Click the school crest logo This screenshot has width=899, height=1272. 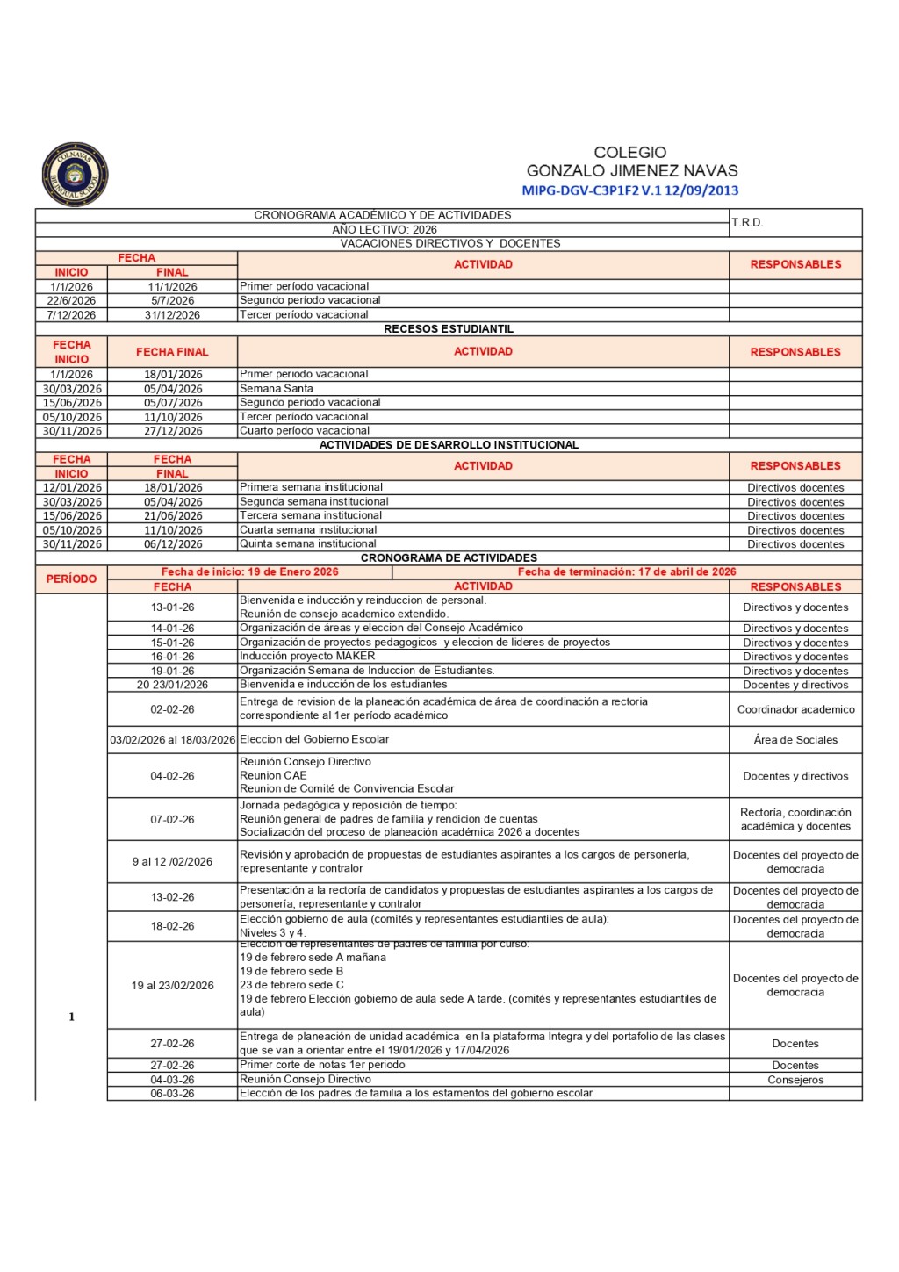75,175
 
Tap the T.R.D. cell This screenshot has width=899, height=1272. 747,223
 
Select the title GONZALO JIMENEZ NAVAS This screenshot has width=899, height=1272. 631,171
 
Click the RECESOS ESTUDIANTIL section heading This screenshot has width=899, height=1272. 449,329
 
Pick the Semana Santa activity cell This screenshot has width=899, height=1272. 277,389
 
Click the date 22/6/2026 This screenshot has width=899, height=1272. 71,300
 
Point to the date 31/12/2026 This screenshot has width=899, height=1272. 172,315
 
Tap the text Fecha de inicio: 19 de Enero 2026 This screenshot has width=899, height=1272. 249,572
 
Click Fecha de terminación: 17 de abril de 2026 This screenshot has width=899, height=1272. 627,572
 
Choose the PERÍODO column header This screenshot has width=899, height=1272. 71,579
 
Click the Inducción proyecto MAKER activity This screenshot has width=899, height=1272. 307,657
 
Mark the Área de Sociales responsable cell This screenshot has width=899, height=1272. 795,740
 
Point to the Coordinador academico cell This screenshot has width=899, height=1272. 795,709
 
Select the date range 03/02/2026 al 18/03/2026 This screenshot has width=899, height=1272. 172,740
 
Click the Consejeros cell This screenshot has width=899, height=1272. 795,1080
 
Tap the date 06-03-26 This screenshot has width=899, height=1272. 172,1094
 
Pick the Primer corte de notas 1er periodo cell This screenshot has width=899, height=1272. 322,1065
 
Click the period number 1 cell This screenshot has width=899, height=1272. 71,1017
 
